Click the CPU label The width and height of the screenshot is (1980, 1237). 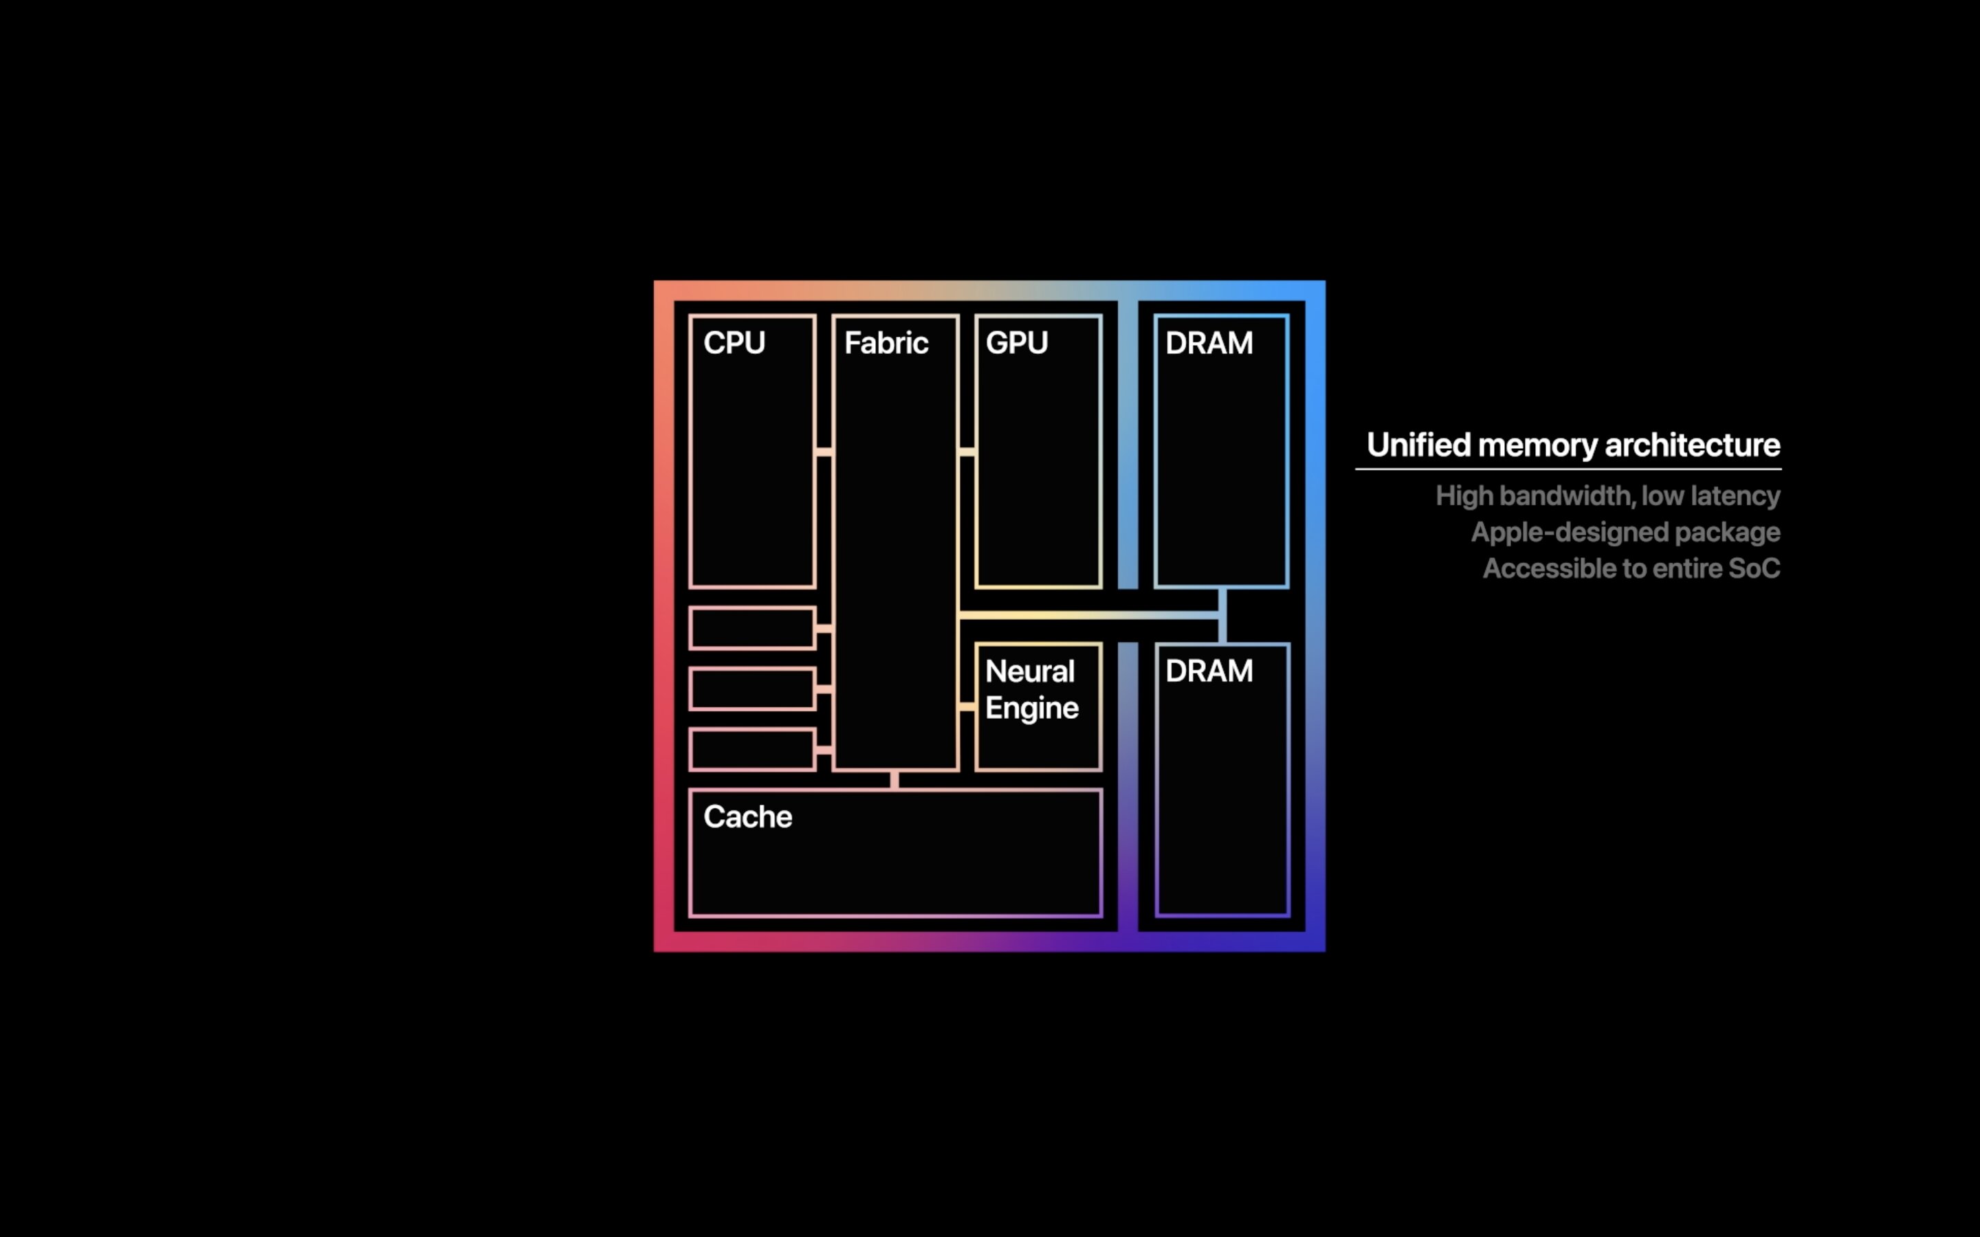[734, 343]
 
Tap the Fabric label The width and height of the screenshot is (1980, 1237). [886, 343]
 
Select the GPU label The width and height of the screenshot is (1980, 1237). [1016, 343]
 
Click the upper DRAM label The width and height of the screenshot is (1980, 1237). [1209, 343]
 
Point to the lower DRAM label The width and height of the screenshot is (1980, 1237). [1209, 671]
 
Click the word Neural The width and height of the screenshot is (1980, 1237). [1029, 671]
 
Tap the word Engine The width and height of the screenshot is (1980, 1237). [1032, 709]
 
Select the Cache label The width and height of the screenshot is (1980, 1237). [747, 816]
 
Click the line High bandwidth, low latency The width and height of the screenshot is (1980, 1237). [1607, 495]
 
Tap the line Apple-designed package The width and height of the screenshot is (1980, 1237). [1625, 533]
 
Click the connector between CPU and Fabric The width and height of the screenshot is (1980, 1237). [824, 452]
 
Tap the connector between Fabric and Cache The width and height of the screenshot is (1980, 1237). [894, 780]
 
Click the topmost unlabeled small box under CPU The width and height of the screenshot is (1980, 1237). [752, 628]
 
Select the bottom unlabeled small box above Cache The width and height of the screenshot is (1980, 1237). [752, 749]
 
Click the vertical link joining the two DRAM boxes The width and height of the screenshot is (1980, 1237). [1222, 615]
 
